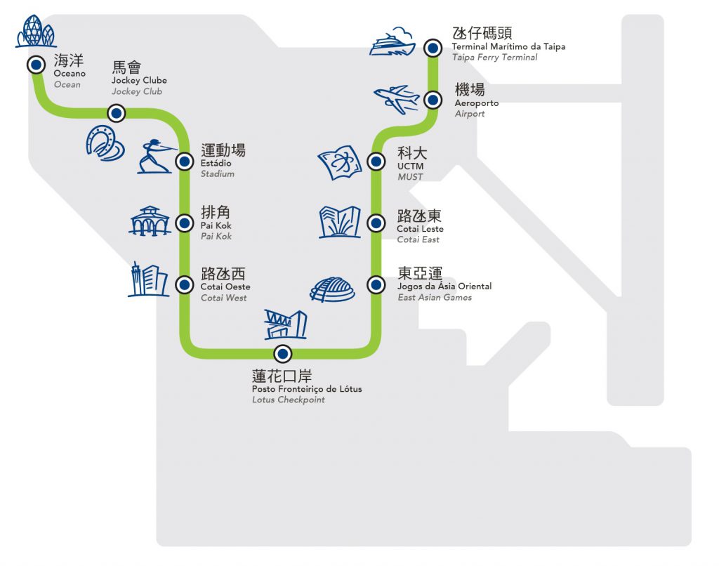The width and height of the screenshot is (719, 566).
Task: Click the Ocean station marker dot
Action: coord(35,65)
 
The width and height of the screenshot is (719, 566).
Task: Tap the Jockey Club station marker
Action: coord(116,113)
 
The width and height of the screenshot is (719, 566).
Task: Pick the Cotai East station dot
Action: coord(376,223)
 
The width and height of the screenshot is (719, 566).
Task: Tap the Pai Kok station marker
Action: coord(184,223)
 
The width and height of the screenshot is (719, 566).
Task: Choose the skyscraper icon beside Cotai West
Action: coord(147,279)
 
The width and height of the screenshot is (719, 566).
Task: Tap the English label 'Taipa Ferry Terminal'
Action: coord(495,58)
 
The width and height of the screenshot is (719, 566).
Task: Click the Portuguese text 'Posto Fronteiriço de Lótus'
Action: coord(307,389)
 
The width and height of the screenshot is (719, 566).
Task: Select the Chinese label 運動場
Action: coord(223,150)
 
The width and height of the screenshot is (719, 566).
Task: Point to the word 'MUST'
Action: coord(410,177)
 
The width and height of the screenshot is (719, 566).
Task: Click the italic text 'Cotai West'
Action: coord(223,298)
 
